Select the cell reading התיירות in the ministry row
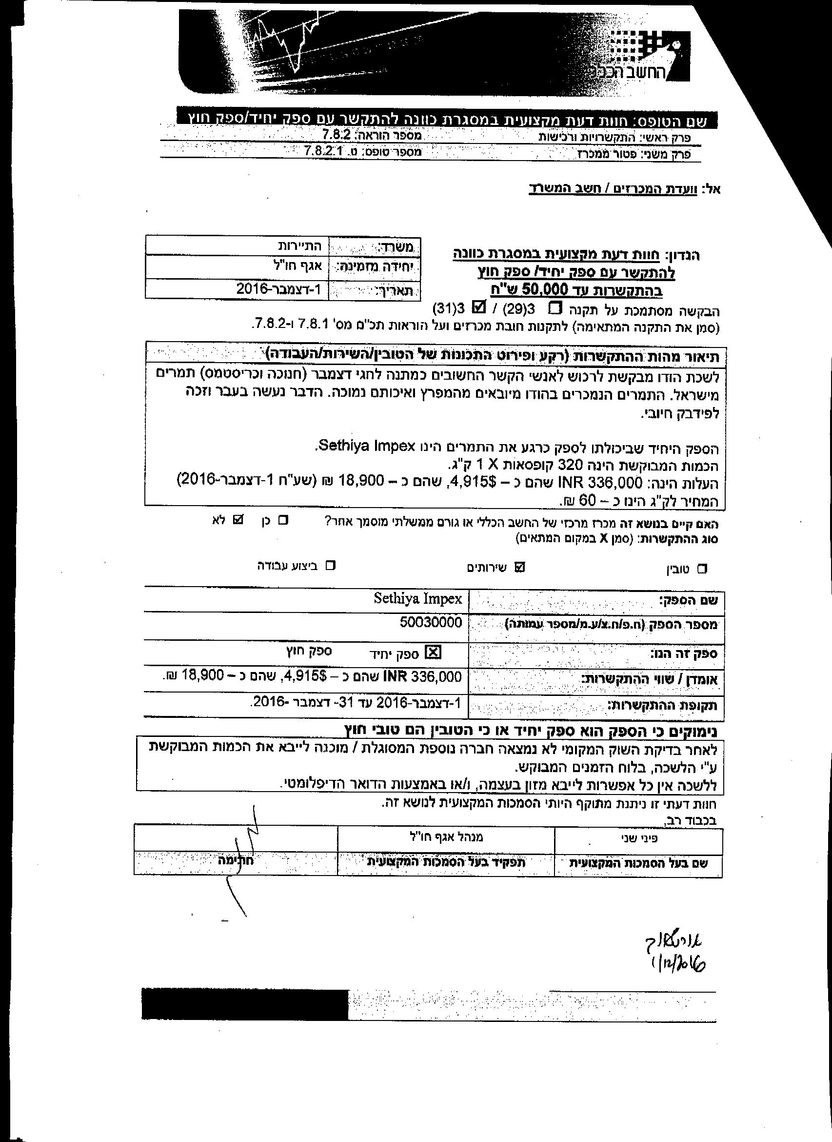click(301, 246)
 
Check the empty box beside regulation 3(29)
click(555, 307)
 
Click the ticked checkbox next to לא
click(238, 519)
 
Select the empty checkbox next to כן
click(283, 520)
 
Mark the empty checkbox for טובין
click(702, 569)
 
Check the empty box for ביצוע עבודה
click(330, 566)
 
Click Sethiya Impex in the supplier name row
click(417, 598)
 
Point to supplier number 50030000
click(431, 622)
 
